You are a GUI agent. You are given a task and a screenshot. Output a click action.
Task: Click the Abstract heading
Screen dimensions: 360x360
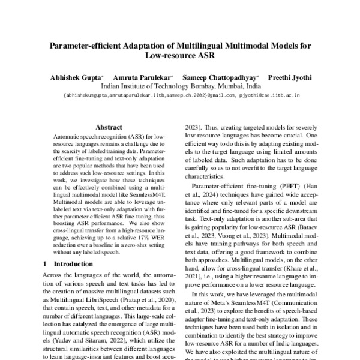pyautogui.click(x=109, y=127)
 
